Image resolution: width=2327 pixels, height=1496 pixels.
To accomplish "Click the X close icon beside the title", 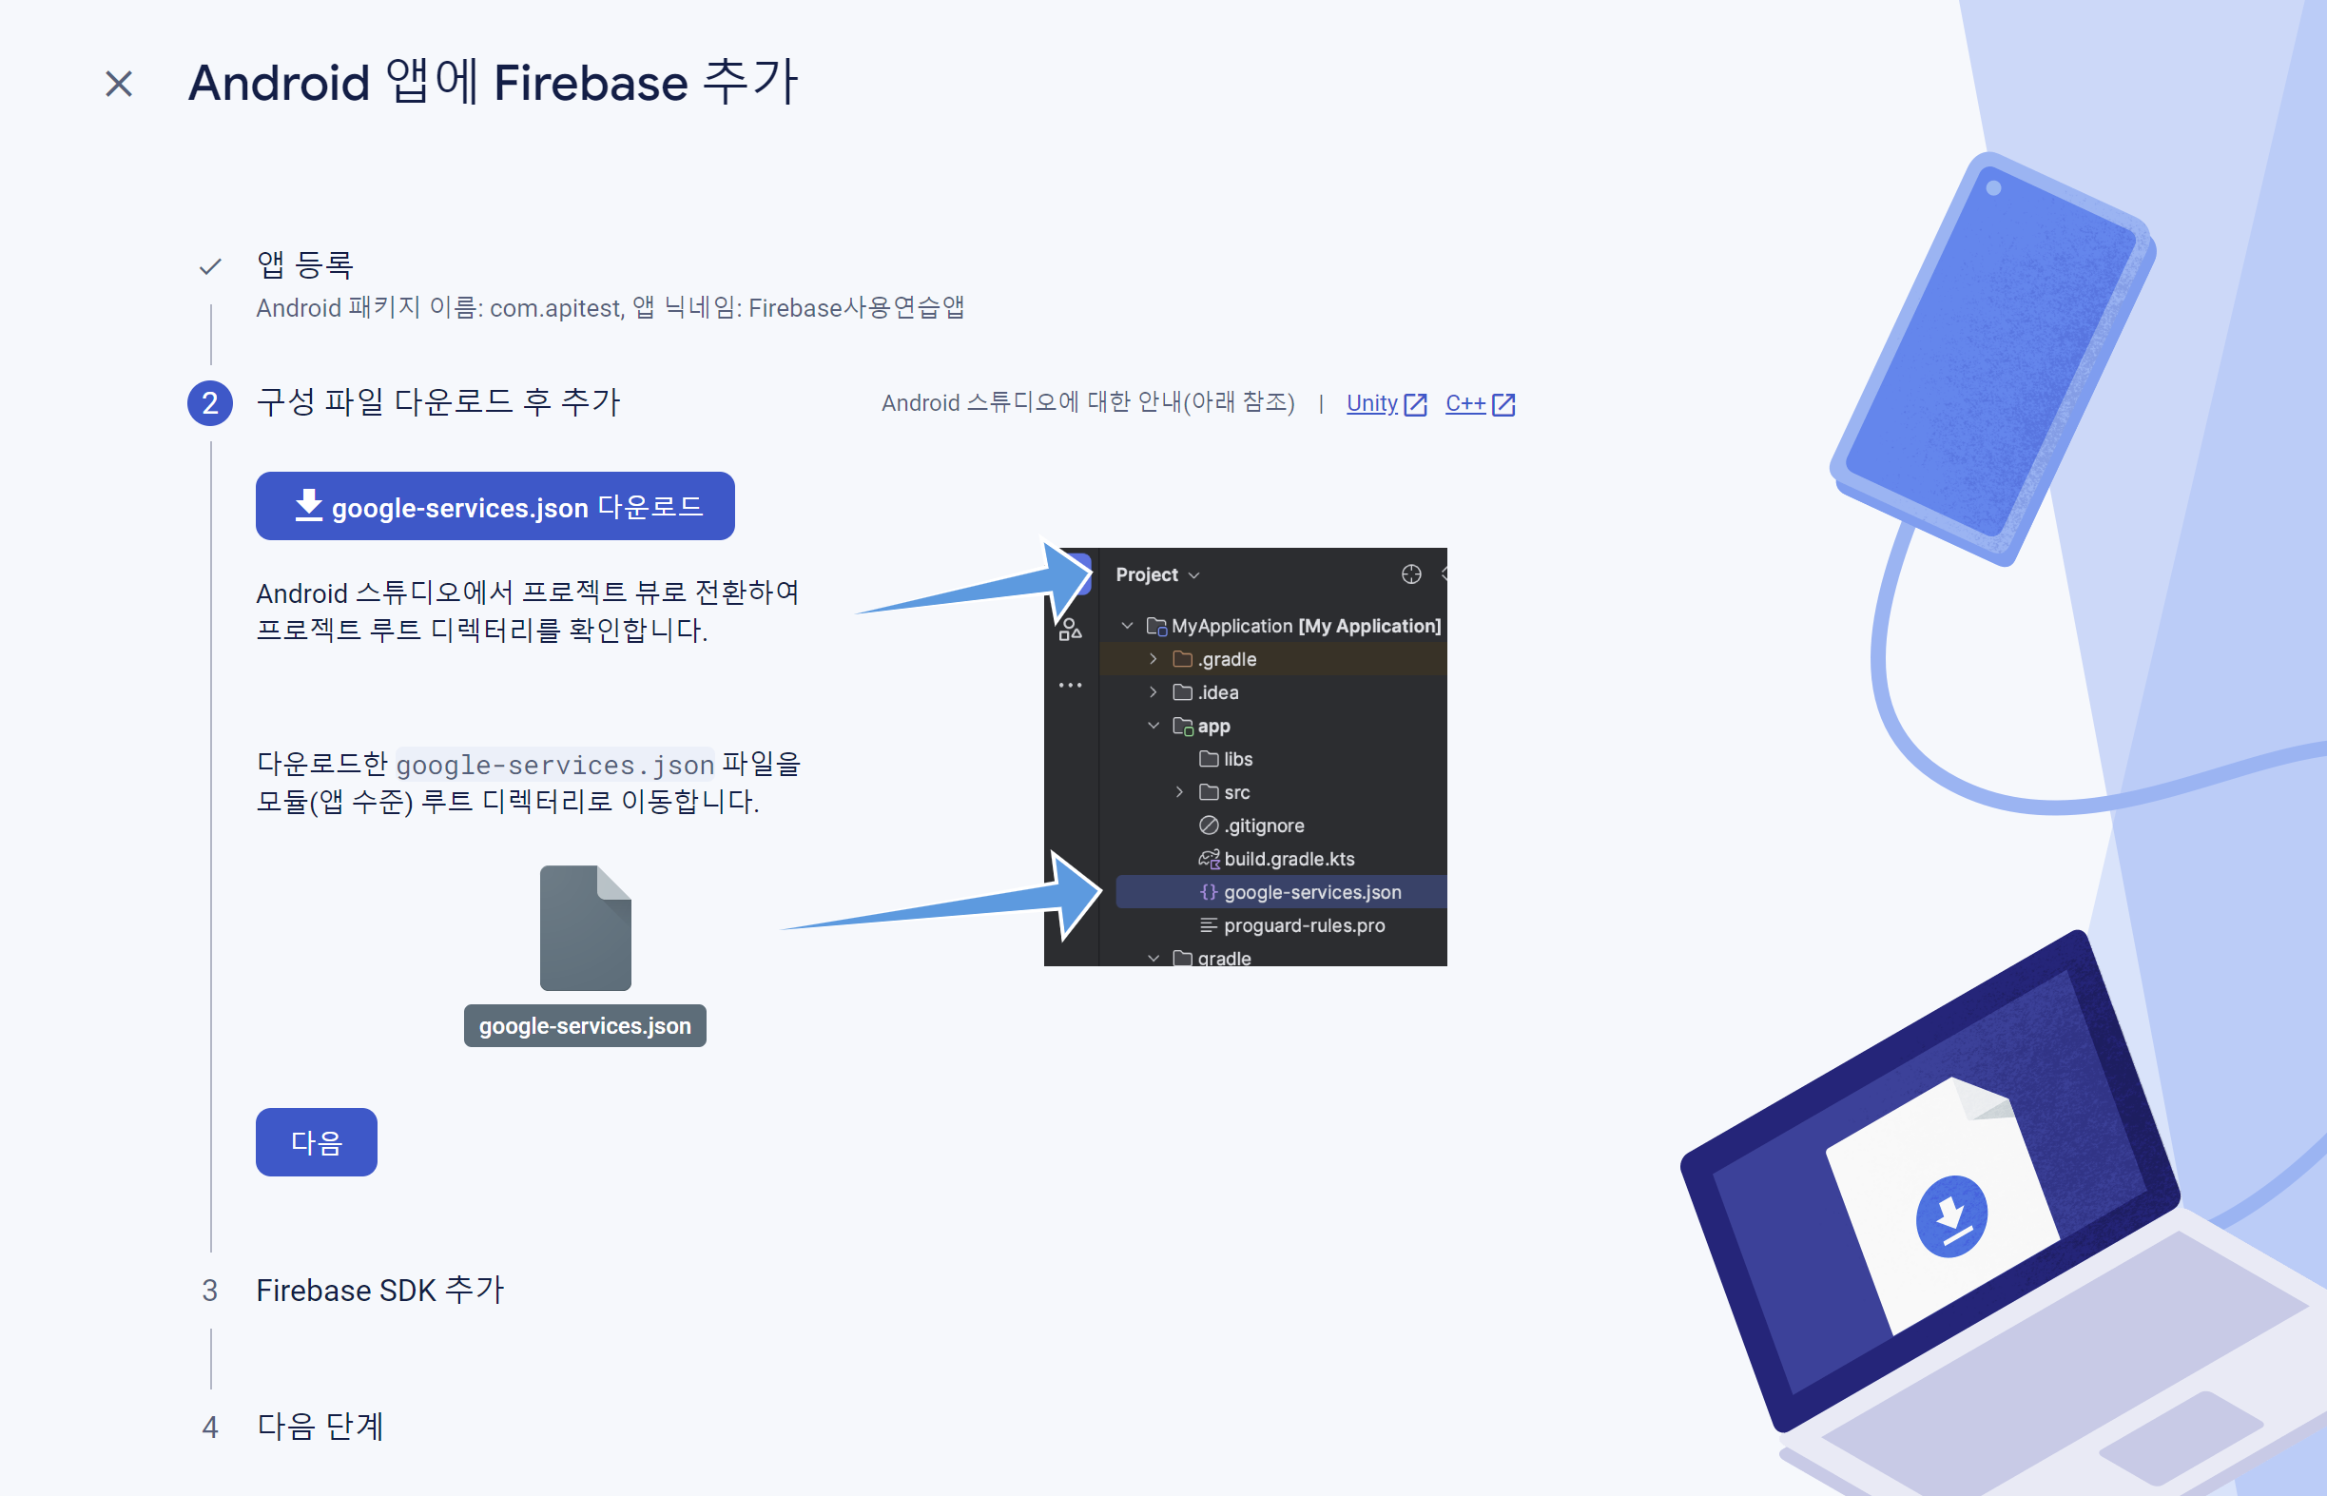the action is coord(119,85).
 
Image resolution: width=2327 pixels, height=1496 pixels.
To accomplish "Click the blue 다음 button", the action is coord(316,1141).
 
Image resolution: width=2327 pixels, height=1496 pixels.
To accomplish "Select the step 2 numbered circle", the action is coord(210,403).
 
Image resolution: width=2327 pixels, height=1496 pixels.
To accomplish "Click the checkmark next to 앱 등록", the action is coord(210,266).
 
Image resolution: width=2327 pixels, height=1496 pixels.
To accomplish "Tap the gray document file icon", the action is coord(585,927).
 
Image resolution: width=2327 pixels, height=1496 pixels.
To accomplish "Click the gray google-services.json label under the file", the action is coord(585,1026).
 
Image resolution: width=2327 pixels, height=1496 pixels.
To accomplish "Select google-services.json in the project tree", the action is coord(1311,892).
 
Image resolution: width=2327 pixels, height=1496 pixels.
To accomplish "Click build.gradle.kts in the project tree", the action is coord(1289,859).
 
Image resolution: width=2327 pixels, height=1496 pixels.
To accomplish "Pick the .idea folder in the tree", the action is coord(1217,692).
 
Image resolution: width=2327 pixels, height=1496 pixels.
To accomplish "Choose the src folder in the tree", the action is coord(1235,792).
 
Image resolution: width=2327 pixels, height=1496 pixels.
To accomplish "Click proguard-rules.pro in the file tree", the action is coord(1304,925).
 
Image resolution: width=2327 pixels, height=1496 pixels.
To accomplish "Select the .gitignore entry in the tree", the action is coord(1264,826).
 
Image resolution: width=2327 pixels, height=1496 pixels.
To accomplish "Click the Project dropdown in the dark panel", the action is coord(1156,575).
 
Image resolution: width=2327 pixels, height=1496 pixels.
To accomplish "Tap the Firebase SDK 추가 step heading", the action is coord(379,1290).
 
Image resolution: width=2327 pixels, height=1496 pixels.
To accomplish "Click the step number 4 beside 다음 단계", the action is coord(210,1427).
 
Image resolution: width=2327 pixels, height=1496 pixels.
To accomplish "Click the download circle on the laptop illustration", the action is coord(1950,1216).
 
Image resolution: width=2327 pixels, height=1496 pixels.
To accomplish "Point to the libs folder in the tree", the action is coord(1236,760).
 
